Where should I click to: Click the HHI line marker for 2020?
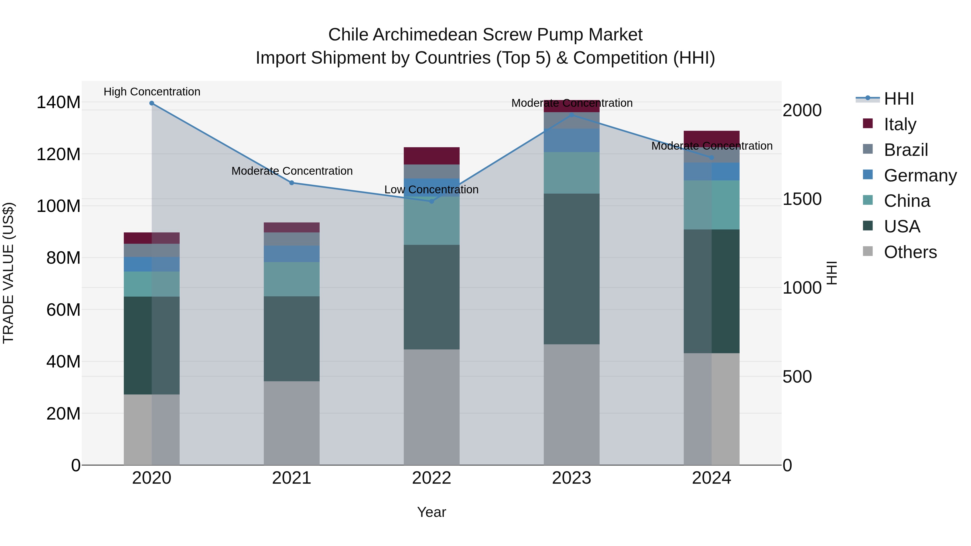click(x=152, y=103)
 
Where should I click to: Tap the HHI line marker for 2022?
click(x=432, y=201)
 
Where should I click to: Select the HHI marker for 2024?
click(x=711, y=157)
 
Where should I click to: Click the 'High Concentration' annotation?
click(x=152, y=92)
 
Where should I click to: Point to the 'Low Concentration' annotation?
click(x=431, y=190)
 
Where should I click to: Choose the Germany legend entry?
click(x=920, y=176)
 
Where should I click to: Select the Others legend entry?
click(x=910, y=252)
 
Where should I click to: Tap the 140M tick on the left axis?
click(x=59, y=102)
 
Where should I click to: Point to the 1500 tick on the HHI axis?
click(x=802, y=199)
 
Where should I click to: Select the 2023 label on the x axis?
click(x=572, y=478)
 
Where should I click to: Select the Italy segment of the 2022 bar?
click(x=432, y=156)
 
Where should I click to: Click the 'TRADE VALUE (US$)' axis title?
click(x=9, y=273)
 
